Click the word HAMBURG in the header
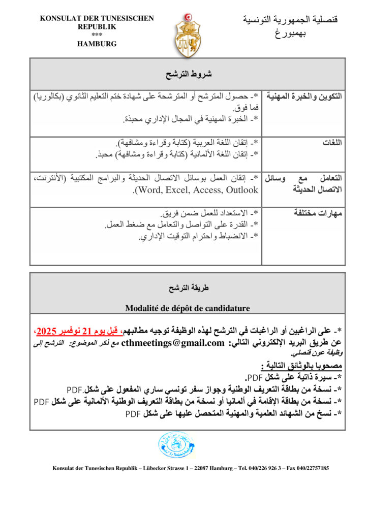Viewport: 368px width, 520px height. (97, 44)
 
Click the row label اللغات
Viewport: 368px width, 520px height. (332, 143)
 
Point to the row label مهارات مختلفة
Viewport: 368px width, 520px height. (318, 213)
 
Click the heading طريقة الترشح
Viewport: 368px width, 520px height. (189, 288)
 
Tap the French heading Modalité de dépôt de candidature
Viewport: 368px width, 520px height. (188, 308)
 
